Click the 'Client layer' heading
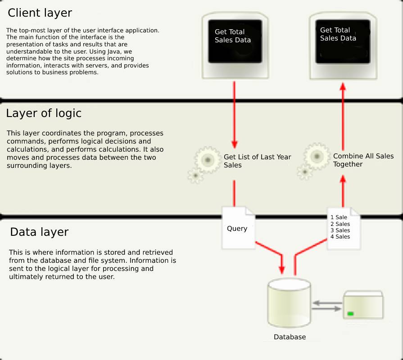pyautogui.click(x=40, y=13)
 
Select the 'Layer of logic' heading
pyautogui.click(x=44, y=113)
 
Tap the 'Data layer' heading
pyautogui.click(x=39, y=232)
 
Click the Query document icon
pyautogui.click(x=238, y=228)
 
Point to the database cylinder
pyautogui.click(x=289, y=303)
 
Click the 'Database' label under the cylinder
pyautogui.click(x=290, y=337)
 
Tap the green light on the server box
pyautogui.click(x=350, y=314)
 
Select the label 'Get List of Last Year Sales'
pyautogui.click(x=257, y=161)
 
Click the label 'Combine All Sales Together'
pyautogui.click(x=363, y=160)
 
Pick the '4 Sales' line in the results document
pyautogui.click(x=340, y=237)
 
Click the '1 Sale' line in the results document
pyautogui.click(x=339, y=217)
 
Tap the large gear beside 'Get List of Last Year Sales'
pyautogui.click(x=208, y=160)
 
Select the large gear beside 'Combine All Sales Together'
pyautogui.click(x=317, y=156)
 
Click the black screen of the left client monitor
pyautogui.click(x=235, y=41)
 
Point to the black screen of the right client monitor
pyautogui.click(x=343, y=41)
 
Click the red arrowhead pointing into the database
pyautogui.click(x=282, y=270)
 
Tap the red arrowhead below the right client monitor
pyautogui.click(x=343, y=86)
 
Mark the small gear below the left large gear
pyautogui.click(x=195, y=175)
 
